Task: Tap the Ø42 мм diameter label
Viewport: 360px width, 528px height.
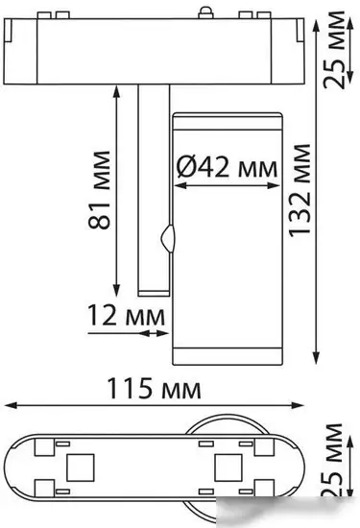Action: [x=228, y=167]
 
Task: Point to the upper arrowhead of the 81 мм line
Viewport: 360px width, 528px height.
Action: [x=117, y=86]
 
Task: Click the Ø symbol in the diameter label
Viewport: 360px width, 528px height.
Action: [x=188, y=167]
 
